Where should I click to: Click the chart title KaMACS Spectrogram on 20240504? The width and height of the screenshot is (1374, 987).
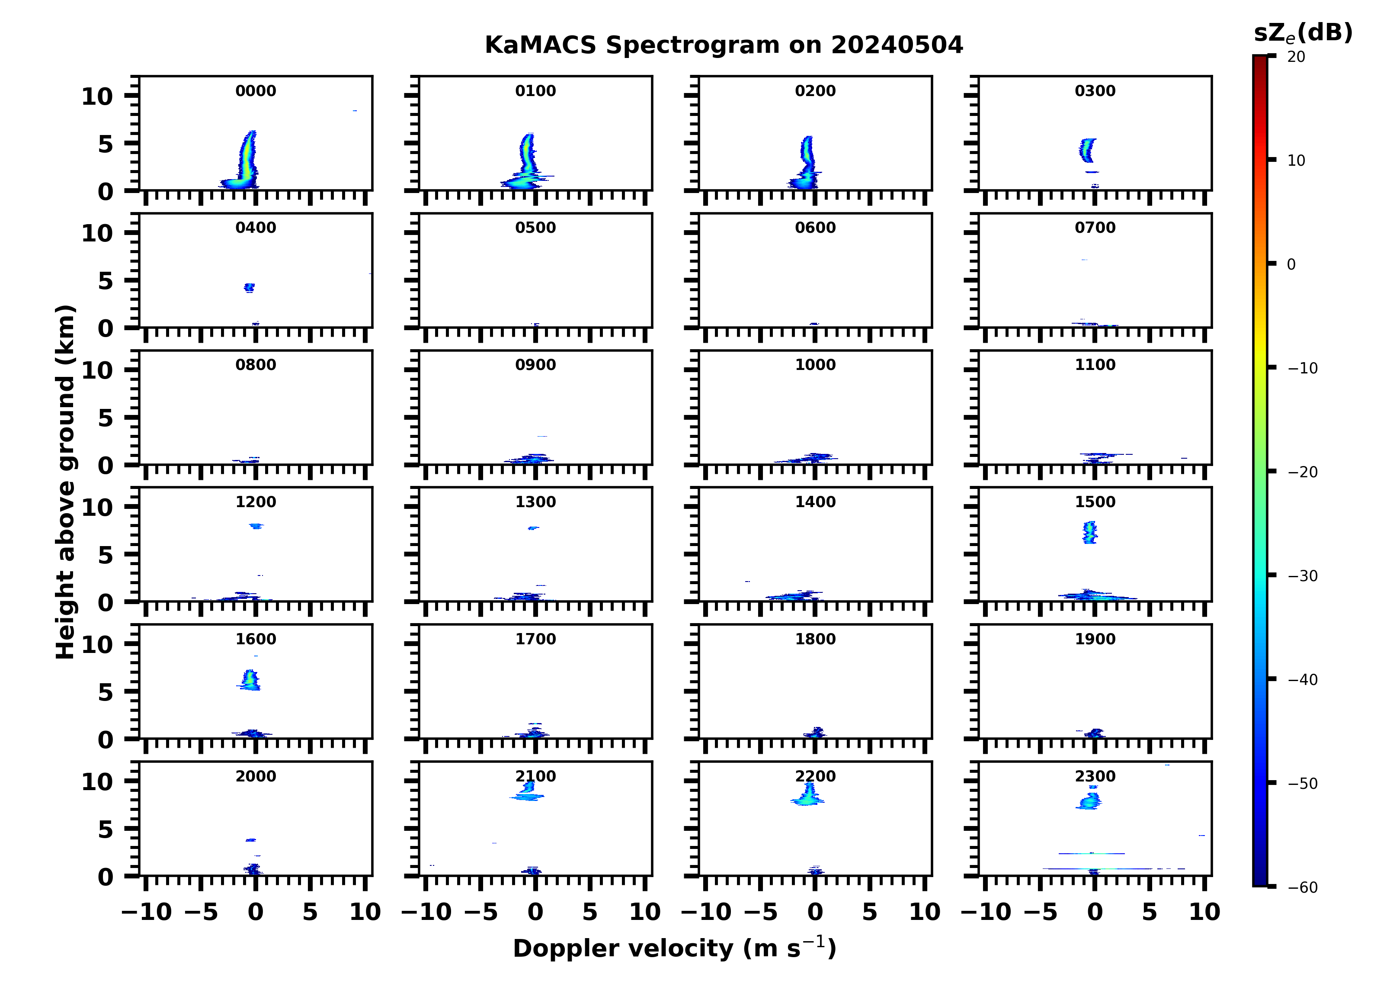[x=724, y=45]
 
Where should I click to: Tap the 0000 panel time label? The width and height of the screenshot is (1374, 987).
[x=256, y=91]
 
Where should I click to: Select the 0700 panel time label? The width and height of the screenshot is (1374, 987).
[x=1095, y=228]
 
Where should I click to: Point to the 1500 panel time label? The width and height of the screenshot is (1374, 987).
[x=1095, y=502]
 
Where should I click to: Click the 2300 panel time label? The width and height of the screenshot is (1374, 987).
[x=1095, y=777]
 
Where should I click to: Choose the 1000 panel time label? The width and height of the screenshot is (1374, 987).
[x=815, y=365]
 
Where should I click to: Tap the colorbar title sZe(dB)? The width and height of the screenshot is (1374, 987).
[x=1303, y=33]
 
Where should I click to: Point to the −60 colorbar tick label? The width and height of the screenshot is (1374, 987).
[x=1303, y=887]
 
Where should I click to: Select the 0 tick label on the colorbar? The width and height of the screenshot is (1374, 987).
[x=1291, y=264]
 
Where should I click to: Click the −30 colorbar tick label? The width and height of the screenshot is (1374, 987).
[x=1303, y=576]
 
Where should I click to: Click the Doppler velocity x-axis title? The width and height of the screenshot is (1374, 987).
[x=674, y=949]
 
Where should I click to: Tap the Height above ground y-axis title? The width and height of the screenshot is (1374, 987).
[x=65, y=482]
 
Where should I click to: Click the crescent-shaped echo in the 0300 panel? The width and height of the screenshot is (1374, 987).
[x=1087, y=150]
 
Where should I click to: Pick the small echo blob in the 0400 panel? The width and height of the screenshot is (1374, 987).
[x=249, y=287]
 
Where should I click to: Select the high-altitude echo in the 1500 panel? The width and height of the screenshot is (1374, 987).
[x=1090, y=532]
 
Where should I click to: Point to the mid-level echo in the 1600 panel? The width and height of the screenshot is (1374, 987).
[x=250, y=680]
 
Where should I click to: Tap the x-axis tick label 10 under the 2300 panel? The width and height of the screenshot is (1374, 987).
[x=1204, y=913]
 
